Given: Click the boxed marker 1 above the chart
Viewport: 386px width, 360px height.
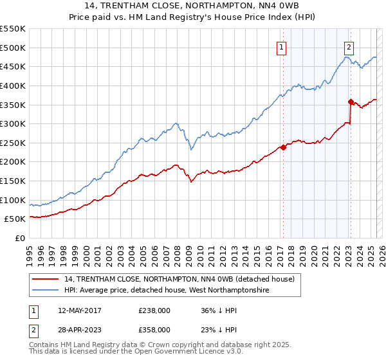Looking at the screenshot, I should pyautogui.click(x=282, y=46).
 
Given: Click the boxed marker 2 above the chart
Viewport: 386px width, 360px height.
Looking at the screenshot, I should pyautogui.click(x=349, y=46).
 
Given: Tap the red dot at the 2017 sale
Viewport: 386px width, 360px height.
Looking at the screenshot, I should pyautogui.click(x=283, y=147).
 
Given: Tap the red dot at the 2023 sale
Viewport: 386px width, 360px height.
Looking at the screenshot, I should pyautogui.click(x=351, y=101).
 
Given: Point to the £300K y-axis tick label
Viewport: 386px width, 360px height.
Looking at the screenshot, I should pyautogui.click(x=14, y=123).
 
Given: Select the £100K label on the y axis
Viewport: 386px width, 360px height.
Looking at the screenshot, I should pyautogui.click(x=14, y=200).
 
